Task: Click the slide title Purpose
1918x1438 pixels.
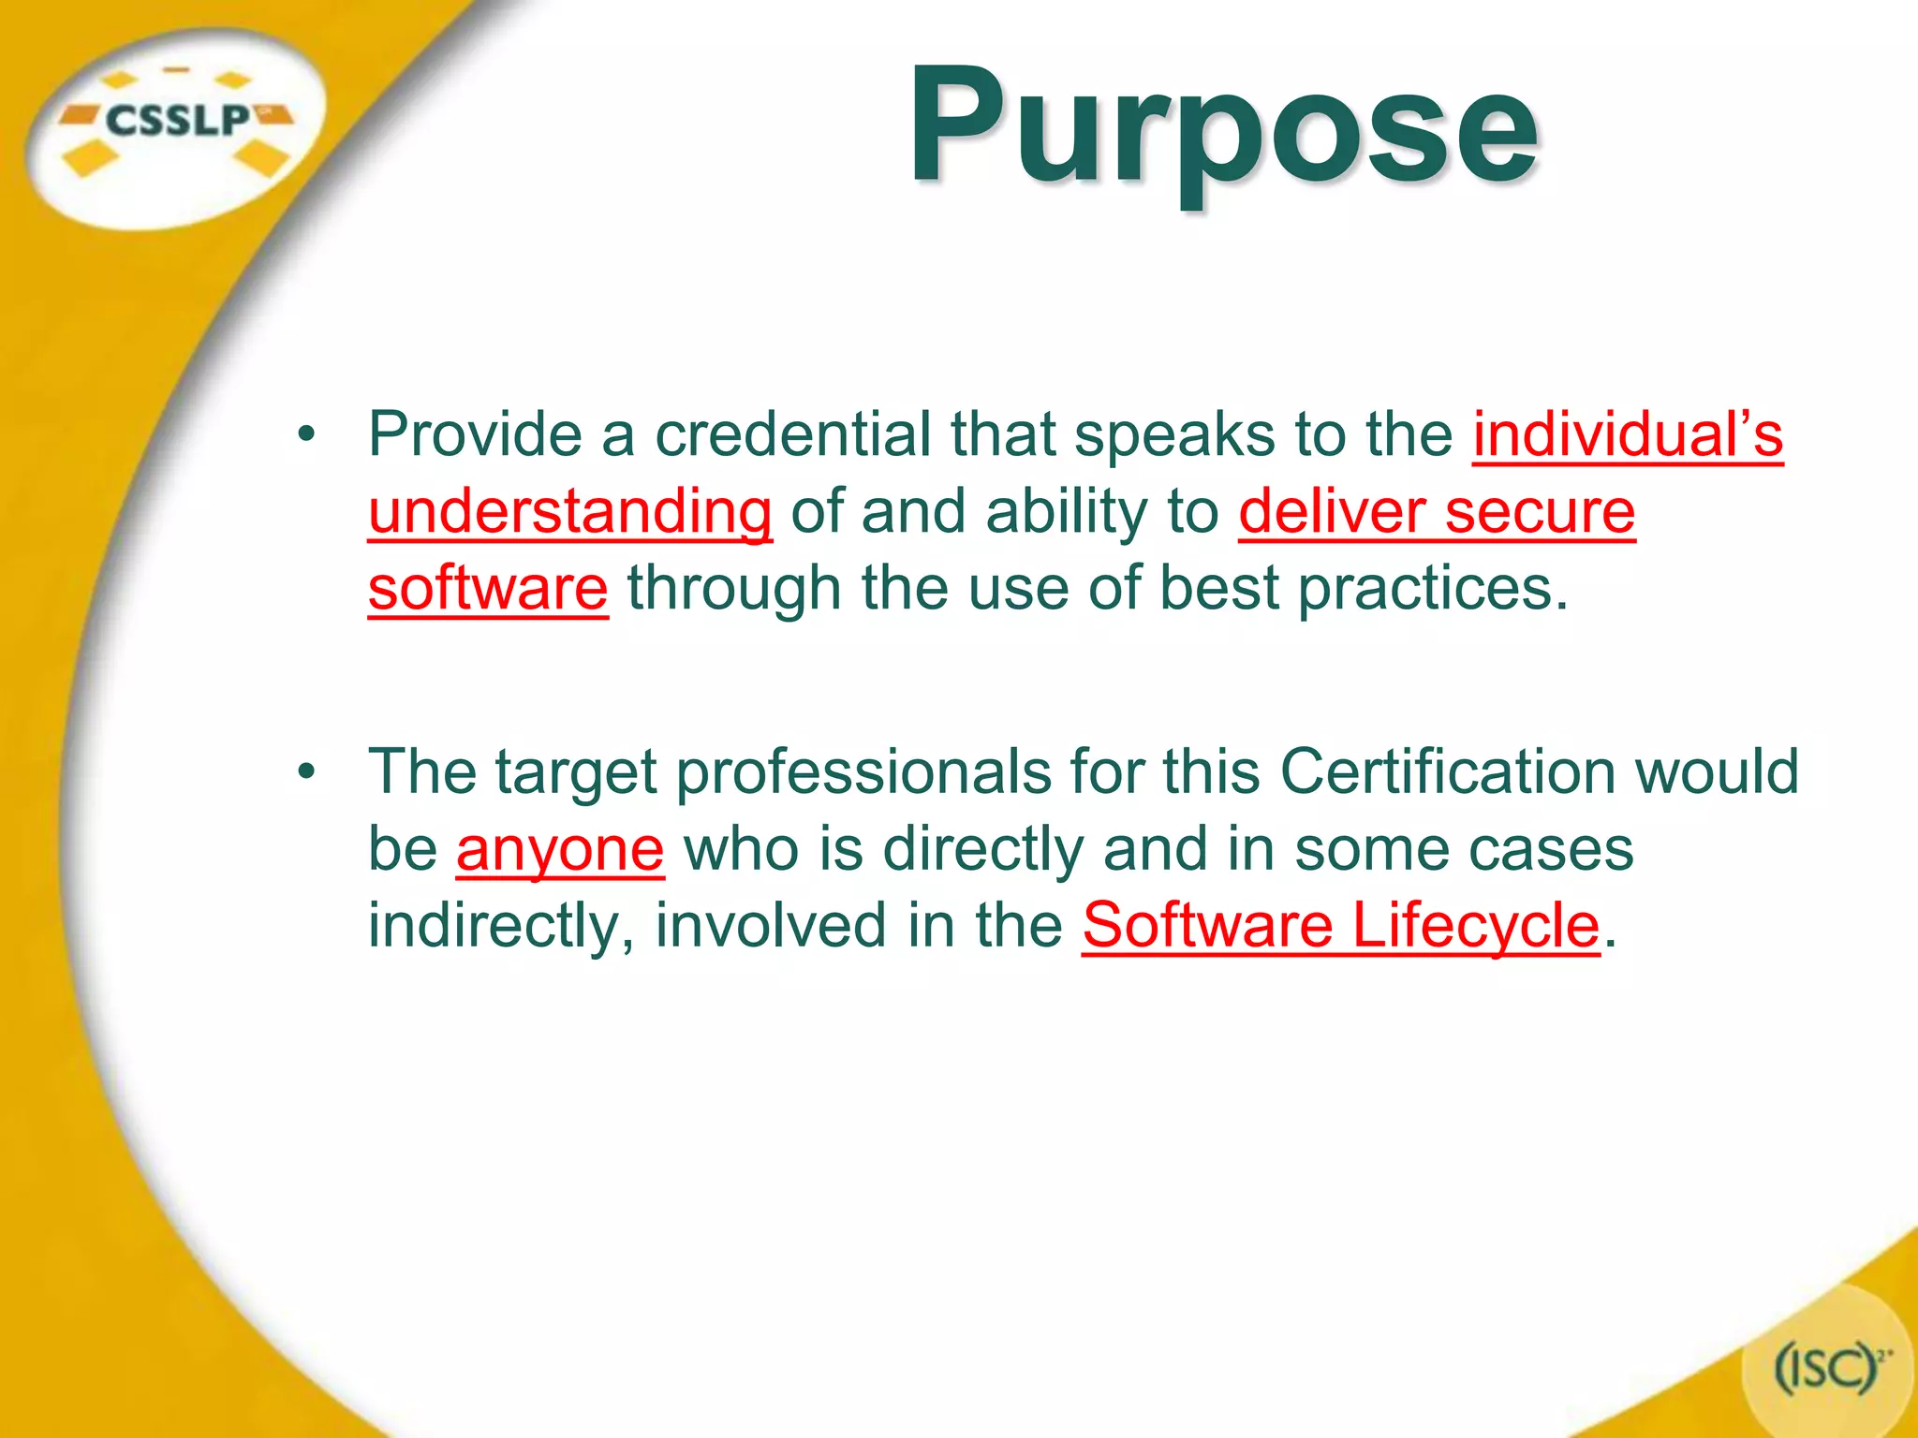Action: (1222, 126)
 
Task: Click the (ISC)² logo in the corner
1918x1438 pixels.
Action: (1827, 1371)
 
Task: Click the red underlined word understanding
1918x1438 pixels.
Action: (569, 512)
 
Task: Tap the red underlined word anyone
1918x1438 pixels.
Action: (560, 849)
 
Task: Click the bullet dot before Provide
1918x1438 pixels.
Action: (305, 435)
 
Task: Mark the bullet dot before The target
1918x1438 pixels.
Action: (305, 772)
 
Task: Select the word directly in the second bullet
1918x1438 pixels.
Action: (982, 849)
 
